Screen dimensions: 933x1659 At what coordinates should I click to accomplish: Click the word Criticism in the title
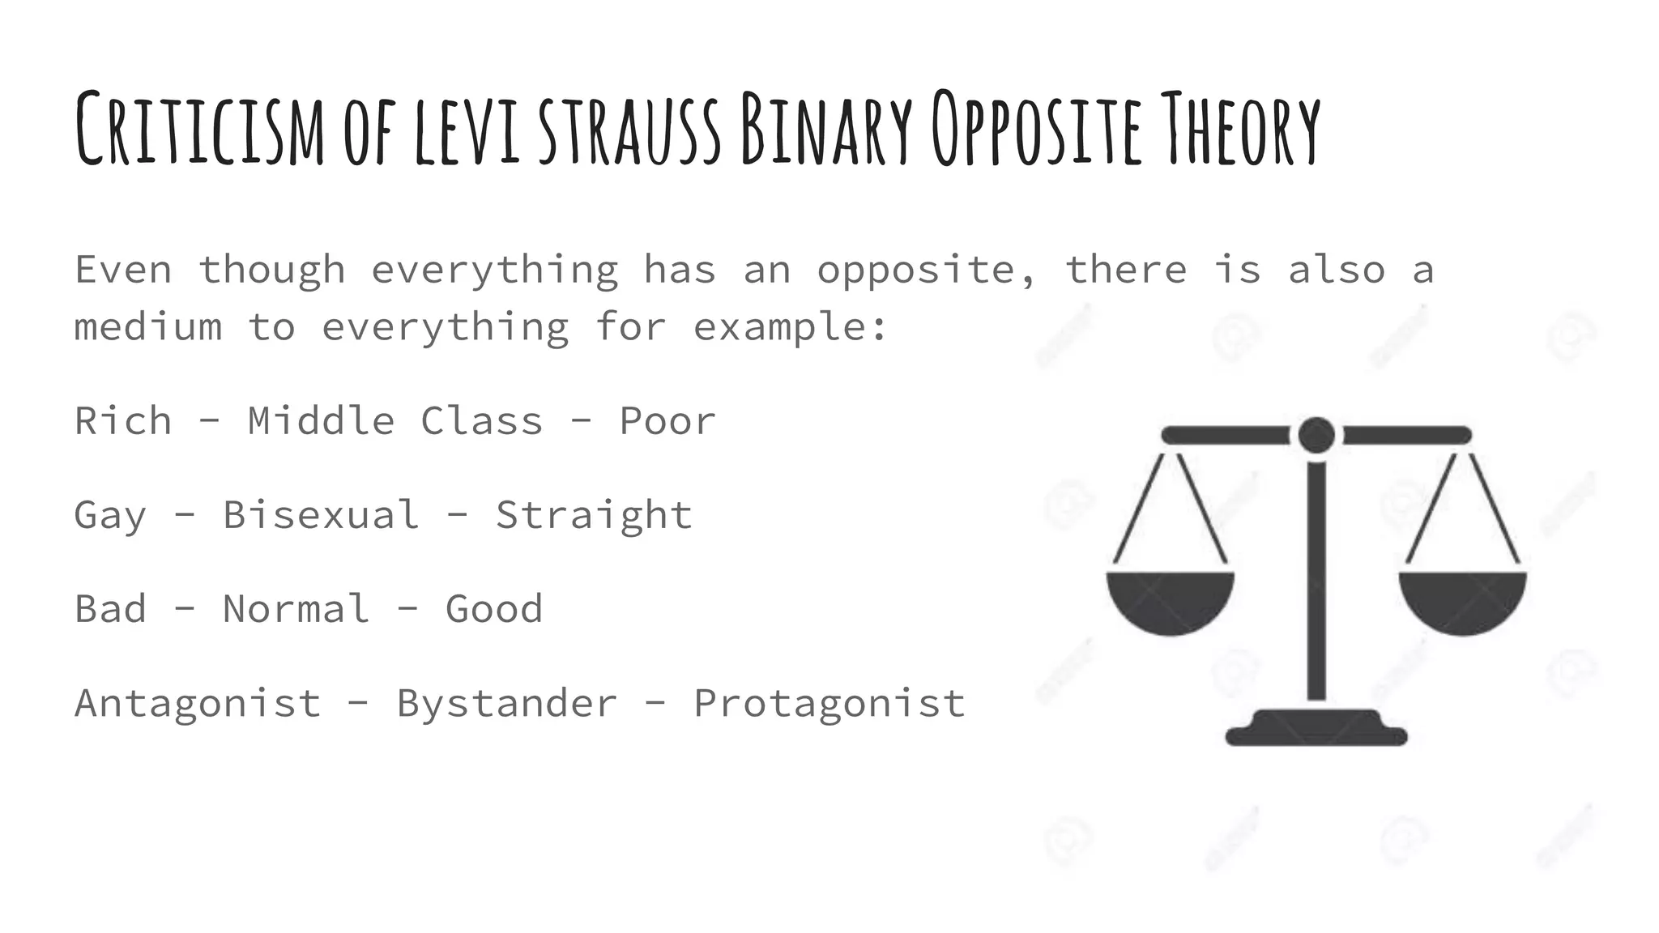[199, 130]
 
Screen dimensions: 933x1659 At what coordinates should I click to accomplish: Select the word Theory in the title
[1239, 130]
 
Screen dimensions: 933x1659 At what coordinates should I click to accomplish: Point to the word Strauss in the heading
[629, 130]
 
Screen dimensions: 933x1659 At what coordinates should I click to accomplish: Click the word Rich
[123, 421]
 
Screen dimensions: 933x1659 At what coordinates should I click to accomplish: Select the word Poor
[667, 421]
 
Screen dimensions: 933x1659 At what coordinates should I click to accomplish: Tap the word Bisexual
[321, 515]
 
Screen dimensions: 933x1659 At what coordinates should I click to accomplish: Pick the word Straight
[594, 515]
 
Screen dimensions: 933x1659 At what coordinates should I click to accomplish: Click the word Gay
[111, 515]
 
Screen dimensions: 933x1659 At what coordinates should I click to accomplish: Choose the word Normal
[296, 609]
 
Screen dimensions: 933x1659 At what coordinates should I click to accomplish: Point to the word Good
[494, 609]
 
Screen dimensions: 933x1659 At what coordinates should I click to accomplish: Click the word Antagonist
[198, 703]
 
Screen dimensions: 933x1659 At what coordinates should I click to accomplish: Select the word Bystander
[507, 703]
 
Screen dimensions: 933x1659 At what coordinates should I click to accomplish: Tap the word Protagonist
[829, 703]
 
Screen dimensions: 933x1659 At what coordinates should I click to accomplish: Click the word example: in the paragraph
[791, 327]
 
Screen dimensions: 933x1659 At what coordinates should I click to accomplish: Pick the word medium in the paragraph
[148, 327]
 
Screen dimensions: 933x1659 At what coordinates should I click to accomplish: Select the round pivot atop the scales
[1316, 435]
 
